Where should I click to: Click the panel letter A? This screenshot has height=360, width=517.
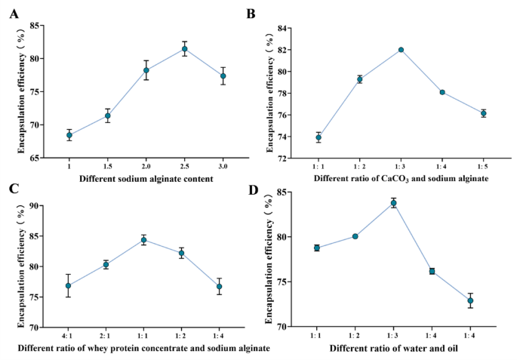click(x=11, y=11)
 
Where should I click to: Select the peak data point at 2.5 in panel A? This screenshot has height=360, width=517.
click(x=184, y=49)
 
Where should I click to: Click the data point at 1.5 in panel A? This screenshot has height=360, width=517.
click(x=108, y=116)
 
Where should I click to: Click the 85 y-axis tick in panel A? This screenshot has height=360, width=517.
click(x=37, y=25)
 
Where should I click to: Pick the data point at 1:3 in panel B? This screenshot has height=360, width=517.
click(x=401, y=50)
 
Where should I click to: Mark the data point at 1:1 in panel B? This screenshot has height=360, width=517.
click(x=319, y=137)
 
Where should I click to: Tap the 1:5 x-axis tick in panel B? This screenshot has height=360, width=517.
click(x=483, y=165)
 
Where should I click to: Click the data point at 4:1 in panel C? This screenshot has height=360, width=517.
click(x=69, y=285)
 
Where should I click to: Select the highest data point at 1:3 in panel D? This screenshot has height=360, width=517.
click(x=393, y=203)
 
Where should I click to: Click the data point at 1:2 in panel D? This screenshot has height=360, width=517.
click(x=355, y=236)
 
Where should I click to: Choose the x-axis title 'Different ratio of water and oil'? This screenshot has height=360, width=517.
click(x=393, y=349)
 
